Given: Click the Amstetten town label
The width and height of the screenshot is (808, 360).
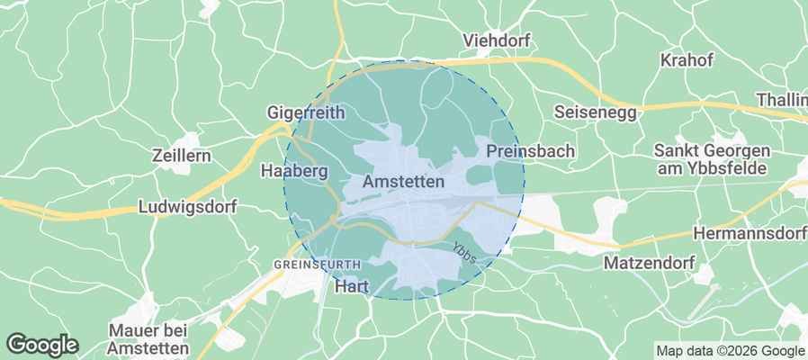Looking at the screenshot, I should click(404, 182).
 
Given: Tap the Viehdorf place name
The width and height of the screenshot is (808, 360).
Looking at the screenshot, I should click(496, 40).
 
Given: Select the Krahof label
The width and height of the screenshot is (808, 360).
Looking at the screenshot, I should click(687, 60).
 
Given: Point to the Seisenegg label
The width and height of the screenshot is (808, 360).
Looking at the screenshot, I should click(595, 112).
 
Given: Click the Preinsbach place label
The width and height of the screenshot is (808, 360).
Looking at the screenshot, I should click(530, 151).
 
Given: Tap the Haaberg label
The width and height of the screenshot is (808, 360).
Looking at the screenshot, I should click(293, 170).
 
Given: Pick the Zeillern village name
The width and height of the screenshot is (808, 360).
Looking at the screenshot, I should click(182, 155).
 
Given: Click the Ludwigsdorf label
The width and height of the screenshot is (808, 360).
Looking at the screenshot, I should click(187, 207).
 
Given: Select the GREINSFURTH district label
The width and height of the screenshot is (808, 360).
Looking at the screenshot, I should click(318, 264).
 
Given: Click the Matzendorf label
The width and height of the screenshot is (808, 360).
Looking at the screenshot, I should click(645, 264).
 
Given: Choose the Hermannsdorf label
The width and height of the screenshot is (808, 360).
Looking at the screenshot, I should click(750, 234).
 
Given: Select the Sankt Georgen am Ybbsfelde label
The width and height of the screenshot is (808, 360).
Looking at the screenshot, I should click(711, 159).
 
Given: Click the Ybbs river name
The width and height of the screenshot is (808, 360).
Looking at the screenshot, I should click(463, 249).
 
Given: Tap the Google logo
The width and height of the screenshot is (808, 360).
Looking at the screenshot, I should click(42, 344).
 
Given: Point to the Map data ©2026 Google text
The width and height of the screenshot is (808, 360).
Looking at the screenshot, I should click(730, 351).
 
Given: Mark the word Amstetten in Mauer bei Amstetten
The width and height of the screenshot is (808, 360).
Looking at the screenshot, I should click(148, 348).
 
